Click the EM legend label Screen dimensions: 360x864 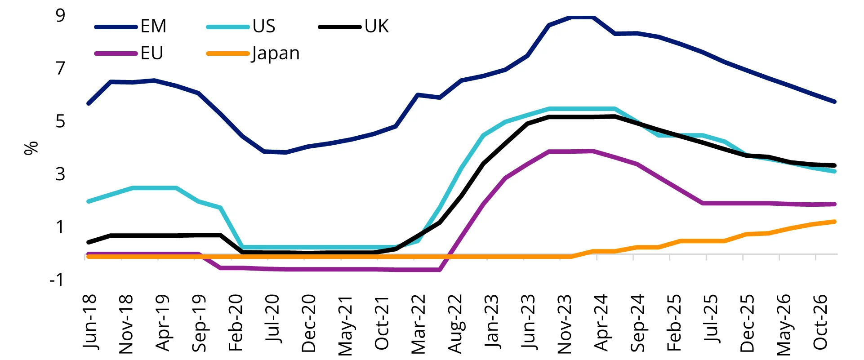(153, 27)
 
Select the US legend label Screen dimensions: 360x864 (264, 27)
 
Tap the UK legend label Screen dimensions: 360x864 (376, 27)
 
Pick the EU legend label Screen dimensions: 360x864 (152, 53)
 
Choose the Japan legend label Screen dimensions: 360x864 (276, 53)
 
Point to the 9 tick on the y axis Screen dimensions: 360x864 (60, 16)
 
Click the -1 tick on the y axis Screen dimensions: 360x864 (57, 280)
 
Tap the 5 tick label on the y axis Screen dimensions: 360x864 (60, 121)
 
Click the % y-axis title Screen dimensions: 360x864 (31, 148)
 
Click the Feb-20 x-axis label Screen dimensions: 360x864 (236, 322)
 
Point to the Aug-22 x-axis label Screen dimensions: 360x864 (455, 323)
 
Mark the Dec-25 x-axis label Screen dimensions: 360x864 (748, 323)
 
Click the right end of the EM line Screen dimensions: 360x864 (834, 102)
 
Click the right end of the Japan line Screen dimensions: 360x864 (834, 222)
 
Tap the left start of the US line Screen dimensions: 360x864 (89, 201)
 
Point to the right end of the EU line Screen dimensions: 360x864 (834, 204)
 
